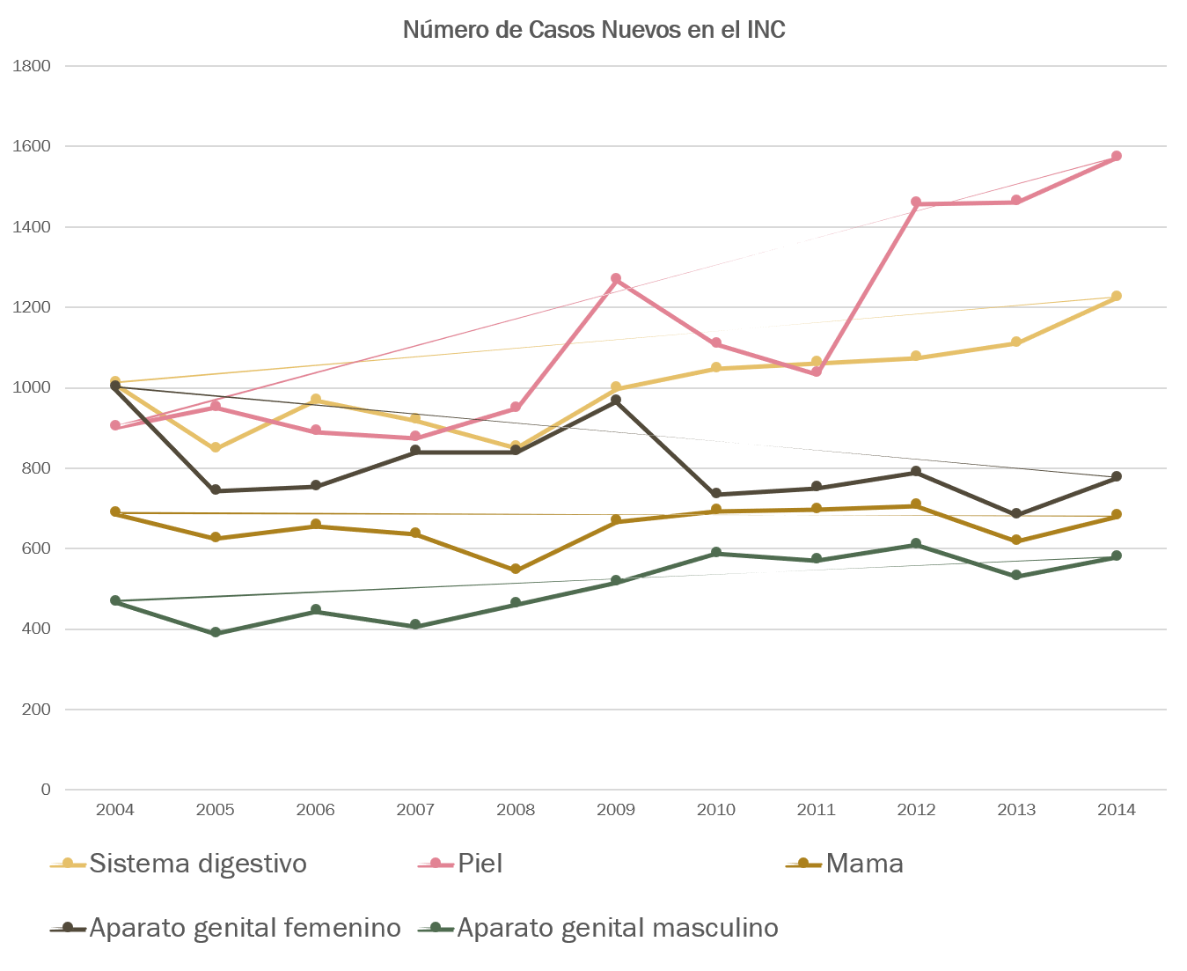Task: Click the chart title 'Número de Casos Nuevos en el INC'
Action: pos(594,30)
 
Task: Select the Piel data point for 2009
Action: pos(616,279)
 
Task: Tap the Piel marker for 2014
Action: pos(1117,156)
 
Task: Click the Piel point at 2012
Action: pos(916,202)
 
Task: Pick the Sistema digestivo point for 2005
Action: pos(216,448)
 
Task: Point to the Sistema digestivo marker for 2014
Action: pos(1117,296)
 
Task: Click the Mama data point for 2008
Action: pos(516,570)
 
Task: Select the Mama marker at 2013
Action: pos(1016,540)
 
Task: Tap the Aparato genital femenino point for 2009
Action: pos(616,400)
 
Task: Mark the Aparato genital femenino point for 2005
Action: pos(216,490)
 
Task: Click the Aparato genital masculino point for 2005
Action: pos(216,632)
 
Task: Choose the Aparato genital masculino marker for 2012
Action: pos(916,544)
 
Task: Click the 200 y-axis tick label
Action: pos(37,710)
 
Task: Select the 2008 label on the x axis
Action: pos(516,810)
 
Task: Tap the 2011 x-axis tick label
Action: pos(816,810)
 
